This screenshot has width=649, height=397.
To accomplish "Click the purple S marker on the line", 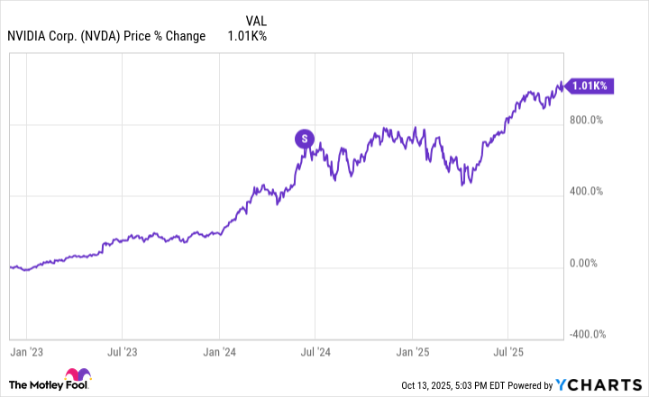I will (305, 139).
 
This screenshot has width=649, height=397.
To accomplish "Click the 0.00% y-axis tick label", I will (591, 263).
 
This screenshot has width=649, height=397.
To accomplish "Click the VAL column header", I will (256, 19).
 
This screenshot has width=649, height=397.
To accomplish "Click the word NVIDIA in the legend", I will (30, 36).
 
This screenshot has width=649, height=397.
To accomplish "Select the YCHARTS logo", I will (607, 385).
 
